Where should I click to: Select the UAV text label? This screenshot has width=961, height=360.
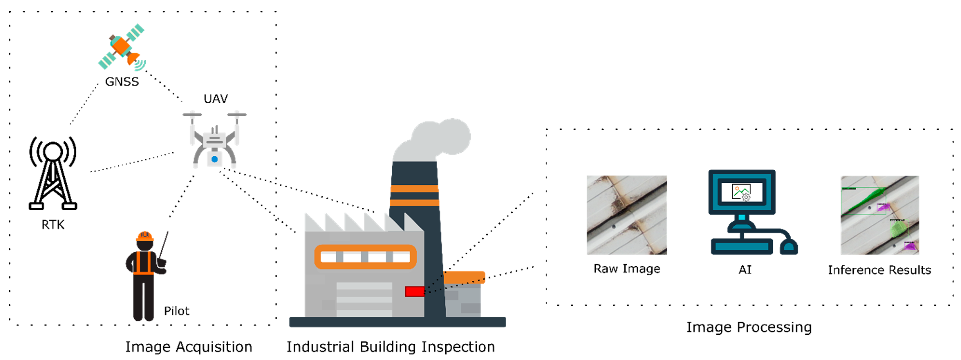pos(216,99)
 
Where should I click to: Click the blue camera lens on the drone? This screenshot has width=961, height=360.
pos(215,159)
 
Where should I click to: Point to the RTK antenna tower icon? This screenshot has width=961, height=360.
pos(53,173)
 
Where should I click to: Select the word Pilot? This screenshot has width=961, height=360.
pos(176,311)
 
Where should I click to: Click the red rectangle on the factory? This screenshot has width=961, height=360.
pos(414,291)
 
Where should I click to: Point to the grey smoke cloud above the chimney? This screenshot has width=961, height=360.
pos(435,140)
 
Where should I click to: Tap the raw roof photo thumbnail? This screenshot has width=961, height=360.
pos(627,215)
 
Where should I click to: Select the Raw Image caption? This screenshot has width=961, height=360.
pos(627,269)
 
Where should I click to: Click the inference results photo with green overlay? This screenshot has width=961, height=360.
pos(879,215)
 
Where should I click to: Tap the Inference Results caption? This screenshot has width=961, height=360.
pos(879,270)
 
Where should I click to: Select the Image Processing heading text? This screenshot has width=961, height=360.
pos(749,327)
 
